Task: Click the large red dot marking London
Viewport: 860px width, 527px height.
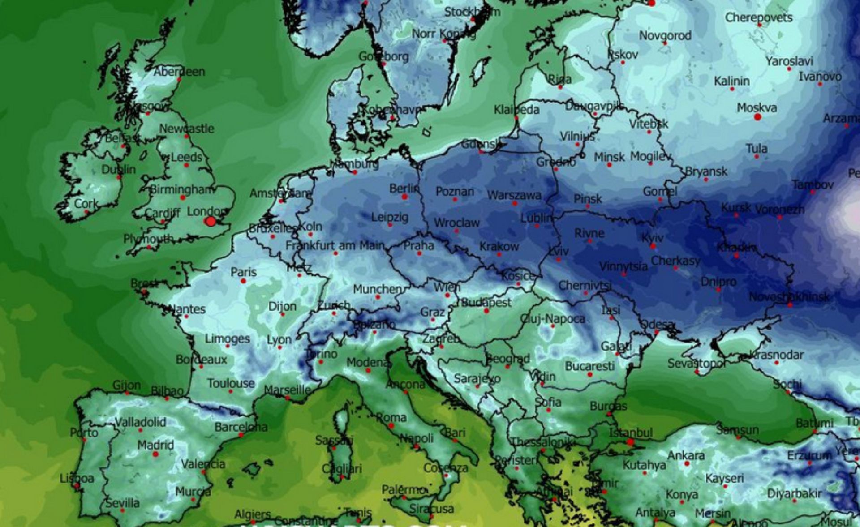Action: pos(211,221)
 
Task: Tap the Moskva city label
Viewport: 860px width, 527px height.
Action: pos(757,108)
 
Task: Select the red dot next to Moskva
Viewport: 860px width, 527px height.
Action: pos(757,117)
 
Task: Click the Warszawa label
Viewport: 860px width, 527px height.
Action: pos(514,195)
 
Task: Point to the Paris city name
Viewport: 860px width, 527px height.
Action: pos(244,272)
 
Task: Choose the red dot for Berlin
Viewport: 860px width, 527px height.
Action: pos(404,197)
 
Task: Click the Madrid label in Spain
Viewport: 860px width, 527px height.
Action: pos(155,445)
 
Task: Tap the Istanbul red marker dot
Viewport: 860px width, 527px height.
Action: pos(630,442)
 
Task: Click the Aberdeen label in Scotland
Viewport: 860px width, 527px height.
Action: pos(179,72)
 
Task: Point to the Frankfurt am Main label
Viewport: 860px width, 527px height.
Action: pos(335,245)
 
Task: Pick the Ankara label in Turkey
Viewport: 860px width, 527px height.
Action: pos(686,455)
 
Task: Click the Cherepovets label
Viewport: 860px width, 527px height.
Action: pos(758,17)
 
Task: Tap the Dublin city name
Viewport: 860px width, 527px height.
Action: pos(118,169)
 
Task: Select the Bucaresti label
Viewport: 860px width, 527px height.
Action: pos(589,366)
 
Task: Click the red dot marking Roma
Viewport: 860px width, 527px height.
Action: pos(391,426)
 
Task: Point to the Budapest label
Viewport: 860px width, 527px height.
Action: pos(486,302)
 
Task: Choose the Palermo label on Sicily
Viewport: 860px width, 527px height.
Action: pos(404,490)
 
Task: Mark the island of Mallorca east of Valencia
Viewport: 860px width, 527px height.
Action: pos(251,469)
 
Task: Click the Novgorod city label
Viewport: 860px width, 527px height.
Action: pos(665,35)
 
